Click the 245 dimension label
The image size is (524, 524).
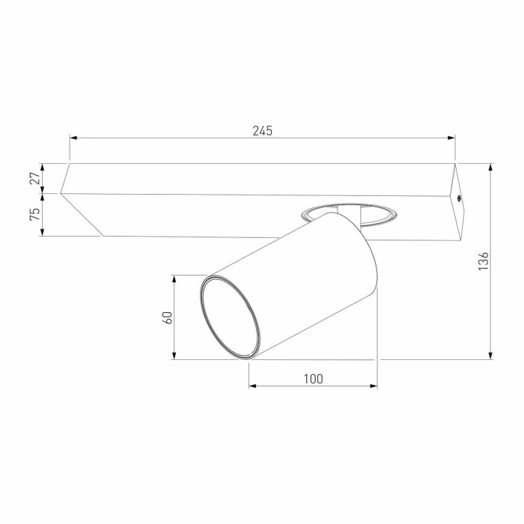[262, 131]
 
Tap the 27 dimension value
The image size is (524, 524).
[34, 178]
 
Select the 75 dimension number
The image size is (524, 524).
[34, 214]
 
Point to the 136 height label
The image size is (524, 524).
[484, 261]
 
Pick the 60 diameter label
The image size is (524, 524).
[167, 317]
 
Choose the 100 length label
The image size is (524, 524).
[313, 379]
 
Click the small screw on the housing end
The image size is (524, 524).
[459, 198]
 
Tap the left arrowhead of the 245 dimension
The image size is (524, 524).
[73, 138]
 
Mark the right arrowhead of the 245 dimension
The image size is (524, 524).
[451, 138]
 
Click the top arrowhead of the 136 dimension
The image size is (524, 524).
[490, 168]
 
